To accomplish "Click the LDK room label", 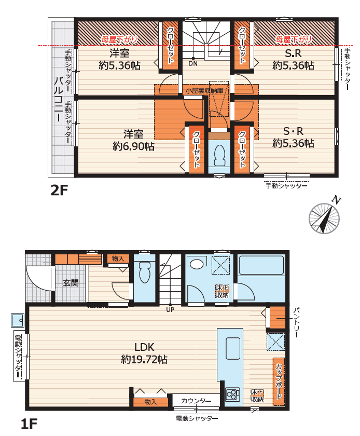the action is pyautogui.click(x=144, y=347).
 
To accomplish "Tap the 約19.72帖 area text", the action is pyautogui.click(x=144, y=360).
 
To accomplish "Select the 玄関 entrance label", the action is pyautogui.click(x=71, y=283).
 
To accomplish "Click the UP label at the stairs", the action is pyautogui.click(x=170, y=309).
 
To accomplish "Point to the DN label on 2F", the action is pyautogui.click(x=193, y=63).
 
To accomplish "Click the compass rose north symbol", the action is pyautogui.click(x=324, y=217).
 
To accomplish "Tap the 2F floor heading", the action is pyautogui.click(x=59, y=190).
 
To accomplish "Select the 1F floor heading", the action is pyautogui.click(x=29, y=425).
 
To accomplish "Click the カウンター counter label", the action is pyautogui.click(x=196, y=401).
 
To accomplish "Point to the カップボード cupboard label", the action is pyautogui.click(x=279, y=381).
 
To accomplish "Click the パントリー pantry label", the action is pyautogui.click(x=296, y=322).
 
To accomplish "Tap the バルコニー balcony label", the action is pyautogui.click(x=58, y=99).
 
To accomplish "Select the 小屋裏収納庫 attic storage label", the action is pyautogui.click(x=204, y=91).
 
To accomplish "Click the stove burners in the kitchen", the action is pyautogui.click(x=232, y=394).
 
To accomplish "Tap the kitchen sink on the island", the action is pyautogui.click(x=233, y=348).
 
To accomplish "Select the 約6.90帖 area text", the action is pyautogui.click(x=133, y=146).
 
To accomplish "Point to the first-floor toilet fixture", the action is pyautogui.click(x=145, y=271).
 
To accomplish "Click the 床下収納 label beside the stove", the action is pyautogui.click(x=257, y=396).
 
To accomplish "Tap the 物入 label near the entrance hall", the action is pyautogui.click(x=118, y=258).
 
